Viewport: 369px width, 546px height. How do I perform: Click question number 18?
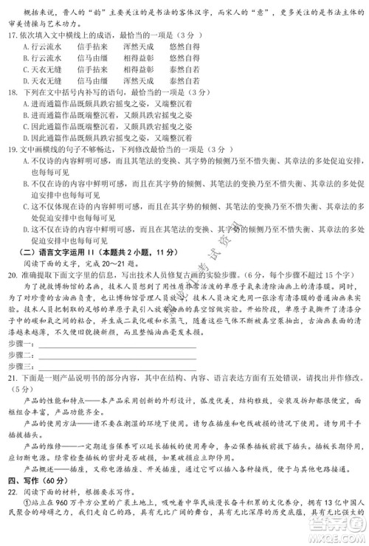pos(11,95)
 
